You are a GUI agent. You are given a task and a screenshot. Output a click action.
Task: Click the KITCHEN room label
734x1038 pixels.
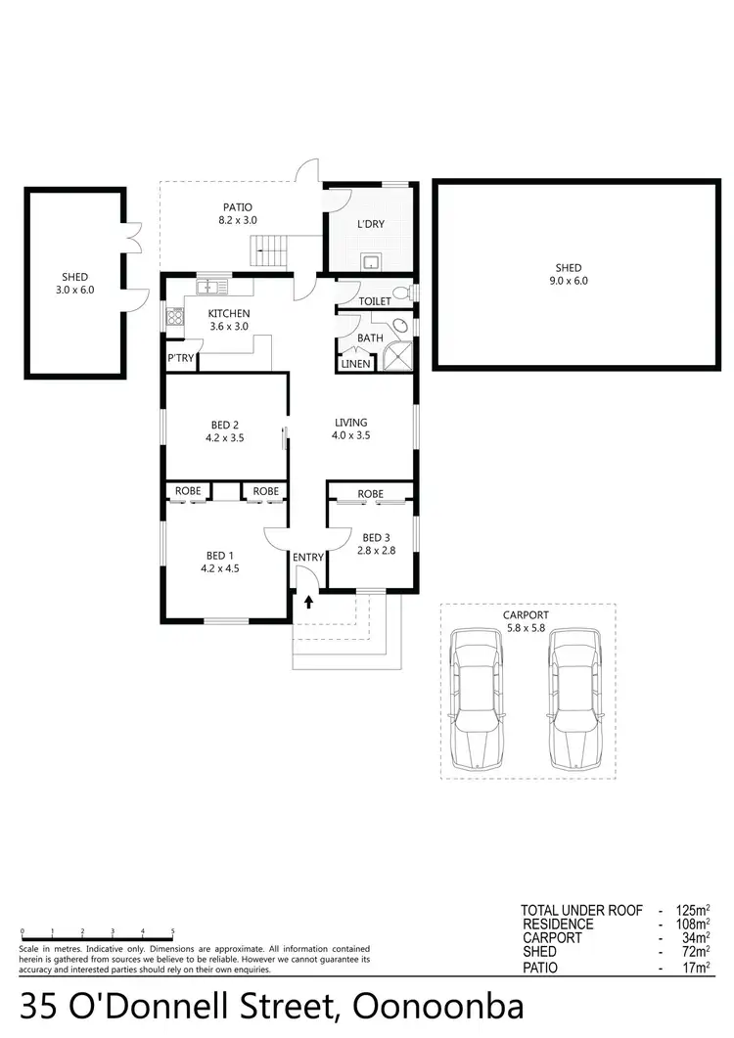229,313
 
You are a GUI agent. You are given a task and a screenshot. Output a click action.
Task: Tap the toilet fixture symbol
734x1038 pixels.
401,293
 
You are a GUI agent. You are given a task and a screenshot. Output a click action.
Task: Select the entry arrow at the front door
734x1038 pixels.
308,602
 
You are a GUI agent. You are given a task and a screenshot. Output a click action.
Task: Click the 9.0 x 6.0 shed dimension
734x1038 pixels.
568,281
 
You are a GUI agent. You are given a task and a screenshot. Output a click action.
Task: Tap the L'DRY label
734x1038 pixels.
371,224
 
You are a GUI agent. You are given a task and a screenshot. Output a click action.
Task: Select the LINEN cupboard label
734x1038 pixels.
353,365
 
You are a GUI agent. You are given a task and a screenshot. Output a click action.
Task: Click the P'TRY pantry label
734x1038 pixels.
181,359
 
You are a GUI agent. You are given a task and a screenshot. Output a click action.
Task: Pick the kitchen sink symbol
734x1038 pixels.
209,287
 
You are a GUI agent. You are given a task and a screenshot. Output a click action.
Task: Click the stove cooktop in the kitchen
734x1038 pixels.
175,316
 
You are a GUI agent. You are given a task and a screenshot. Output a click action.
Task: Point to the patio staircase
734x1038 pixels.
270,253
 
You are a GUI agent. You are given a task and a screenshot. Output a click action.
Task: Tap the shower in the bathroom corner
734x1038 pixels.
398,357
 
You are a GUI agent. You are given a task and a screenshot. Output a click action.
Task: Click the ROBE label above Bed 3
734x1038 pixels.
370,494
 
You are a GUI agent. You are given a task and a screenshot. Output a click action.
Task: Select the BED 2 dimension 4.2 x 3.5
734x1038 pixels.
224,438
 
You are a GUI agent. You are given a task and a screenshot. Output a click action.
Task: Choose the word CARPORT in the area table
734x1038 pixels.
552,937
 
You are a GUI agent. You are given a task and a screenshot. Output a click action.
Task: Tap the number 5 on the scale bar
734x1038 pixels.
173,930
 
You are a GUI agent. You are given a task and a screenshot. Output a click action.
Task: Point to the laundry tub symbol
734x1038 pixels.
371,261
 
